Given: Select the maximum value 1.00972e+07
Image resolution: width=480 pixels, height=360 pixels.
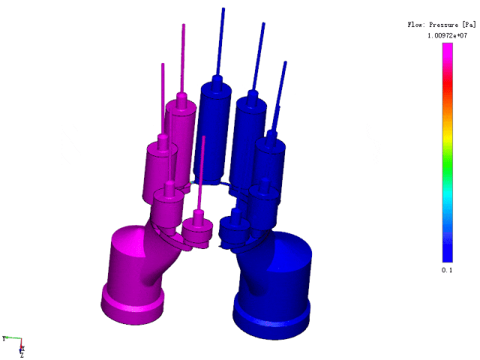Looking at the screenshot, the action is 447,36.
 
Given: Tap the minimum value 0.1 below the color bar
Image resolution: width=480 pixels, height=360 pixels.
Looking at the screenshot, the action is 447,270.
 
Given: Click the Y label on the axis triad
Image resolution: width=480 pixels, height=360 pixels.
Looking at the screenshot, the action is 4,338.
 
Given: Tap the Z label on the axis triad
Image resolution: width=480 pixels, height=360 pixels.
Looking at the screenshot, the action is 22,355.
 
